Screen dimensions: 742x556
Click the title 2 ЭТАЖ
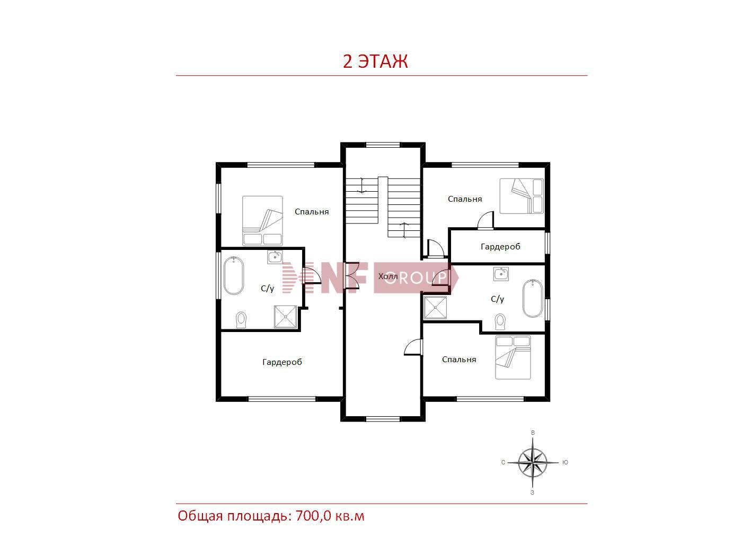pyautogui.click(x=375, y=61)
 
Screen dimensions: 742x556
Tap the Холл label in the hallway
pyautogui.click(x=388, y=276)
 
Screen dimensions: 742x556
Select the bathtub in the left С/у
pyautogui.click(x=233, y=275)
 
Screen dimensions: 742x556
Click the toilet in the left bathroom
pyautogui.click(x=241, y=320)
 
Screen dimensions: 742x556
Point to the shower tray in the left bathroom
pyautogui.click(x=286, y=316)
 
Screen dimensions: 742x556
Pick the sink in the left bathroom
pyautogui.click(x=275, y=257)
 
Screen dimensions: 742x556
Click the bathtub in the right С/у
pyautogui.click(x=533, y=298)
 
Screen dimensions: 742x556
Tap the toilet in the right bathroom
pyautogui.click(x=500, y=322)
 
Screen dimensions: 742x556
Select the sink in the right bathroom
pyautogui.click(x=501, y=274)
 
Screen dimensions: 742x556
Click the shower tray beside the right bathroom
pyautogui.click(x=435, y=308)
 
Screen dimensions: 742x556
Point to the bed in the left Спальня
pyautogui.click(x=262, y=221)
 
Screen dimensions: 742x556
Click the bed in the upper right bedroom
pyautogui.click(x=522, y=196)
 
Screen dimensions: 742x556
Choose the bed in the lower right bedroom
pyautogui.click(x=513, y=357)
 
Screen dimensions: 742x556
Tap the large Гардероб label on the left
pyautogui.click(x=282, y=362)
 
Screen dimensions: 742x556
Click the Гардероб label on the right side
pyautogui.click(x=500, y=247)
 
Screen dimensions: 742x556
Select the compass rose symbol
pyautogui.click(x=533, y=462)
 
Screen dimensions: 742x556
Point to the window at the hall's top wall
pyautogui.click(x=383, y=145)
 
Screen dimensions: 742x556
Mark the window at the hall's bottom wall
pyautogui.click(x=383, y=419)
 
